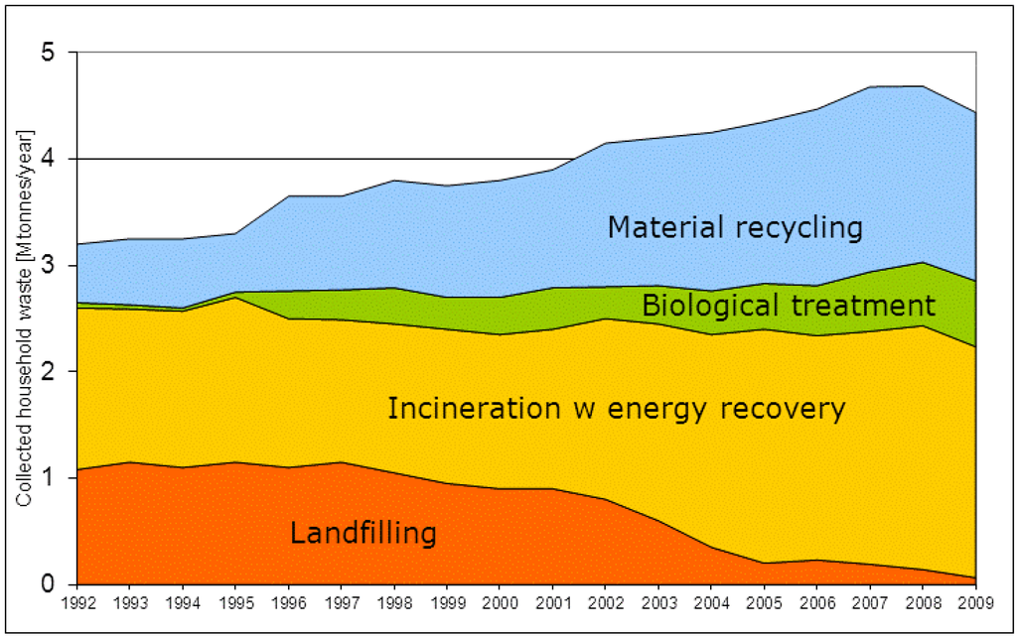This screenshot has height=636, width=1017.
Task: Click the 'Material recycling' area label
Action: click(735, 228)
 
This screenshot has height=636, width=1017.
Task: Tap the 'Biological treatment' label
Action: click(789, 305)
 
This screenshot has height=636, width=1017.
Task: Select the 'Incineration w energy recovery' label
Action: click(616, 409)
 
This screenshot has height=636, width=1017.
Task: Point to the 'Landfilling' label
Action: click(363, 534)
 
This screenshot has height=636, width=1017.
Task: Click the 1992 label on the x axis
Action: click(77, 602)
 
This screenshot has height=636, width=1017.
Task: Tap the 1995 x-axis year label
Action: click(232, 602)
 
